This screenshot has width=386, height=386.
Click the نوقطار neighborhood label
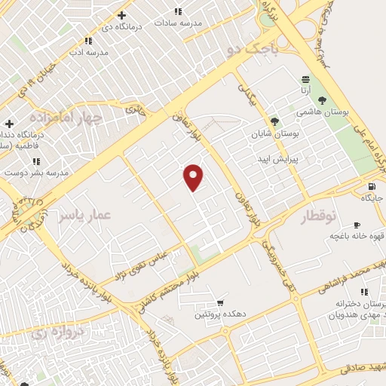(x=321, y=217)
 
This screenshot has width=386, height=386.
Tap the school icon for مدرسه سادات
(x=178, y=11)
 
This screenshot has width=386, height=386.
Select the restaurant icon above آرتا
(x=305, y=78)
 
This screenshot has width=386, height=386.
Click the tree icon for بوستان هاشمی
(x=323, y=100)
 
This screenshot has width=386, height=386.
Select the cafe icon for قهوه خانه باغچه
(x=357, y=224)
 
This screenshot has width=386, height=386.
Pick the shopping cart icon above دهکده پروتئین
(x=220, y=302)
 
